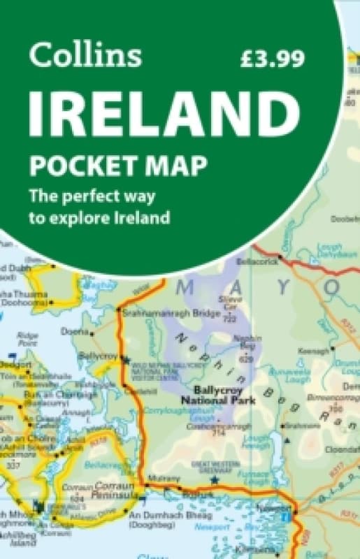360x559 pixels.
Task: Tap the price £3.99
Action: click(x=271, y=59)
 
